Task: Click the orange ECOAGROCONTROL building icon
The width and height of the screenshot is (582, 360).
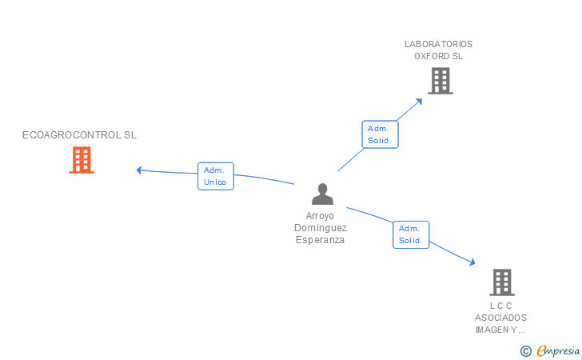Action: (x=81, y=160)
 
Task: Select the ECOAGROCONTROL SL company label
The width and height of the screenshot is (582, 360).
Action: (x=79, y=135)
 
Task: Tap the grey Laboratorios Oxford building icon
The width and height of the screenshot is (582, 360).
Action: (x=440, y=81)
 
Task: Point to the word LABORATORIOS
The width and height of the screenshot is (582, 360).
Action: (x=438, y=44)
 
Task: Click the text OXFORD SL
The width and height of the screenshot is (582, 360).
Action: (x=438, y=56)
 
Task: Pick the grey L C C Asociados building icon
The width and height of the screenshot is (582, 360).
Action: (x=501, y=282)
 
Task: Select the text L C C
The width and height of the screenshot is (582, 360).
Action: (x=500, y=306)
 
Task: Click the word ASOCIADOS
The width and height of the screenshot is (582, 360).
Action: (x=500, y=318)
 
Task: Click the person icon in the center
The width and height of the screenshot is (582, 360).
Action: (x=321, y=194)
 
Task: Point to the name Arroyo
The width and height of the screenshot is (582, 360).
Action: (x=320, y=216)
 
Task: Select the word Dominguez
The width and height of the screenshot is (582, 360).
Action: (x=320, y=228)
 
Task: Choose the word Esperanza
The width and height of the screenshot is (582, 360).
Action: (x=320, y=240)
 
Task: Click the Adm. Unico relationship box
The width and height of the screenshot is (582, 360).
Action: (x=216, y=176)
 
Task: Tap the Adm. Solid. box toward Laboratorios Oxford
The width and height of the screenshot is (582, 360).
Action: (x=380, y=134)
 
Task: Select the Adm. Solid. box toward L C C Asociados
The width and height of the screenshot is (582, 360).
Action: (x=411, y=234)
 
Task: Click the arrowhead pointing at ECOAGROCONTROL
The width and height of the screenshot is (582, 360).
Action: (x=139, y=170)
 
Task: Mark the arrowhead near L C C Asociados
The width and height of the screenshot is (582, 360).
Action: (x=472, y=262)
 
